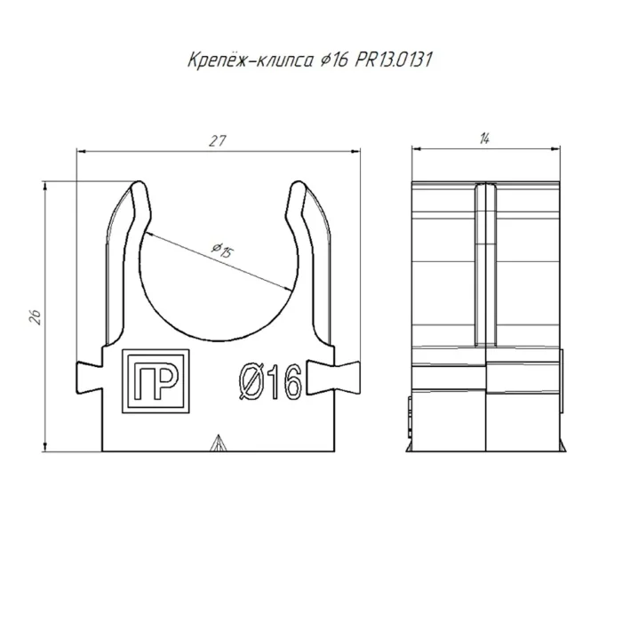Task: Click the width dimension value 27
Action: tap(218, 140)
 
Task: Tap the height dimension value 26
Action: tap(36, 316)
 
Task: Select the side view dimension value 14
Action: tap(485, 139)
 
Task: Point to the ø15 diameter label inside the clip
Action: tap(223, 251)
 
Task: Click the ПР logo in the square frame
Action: tap(155, 381)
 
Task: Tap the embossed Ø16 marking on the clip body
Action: tap(270, 382)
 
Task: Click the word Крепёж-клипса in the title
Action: tap(251, 60)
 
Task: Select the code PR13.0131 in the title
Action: tap(393, 60)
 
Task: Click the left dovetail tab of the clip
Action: tap(89, 378)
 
